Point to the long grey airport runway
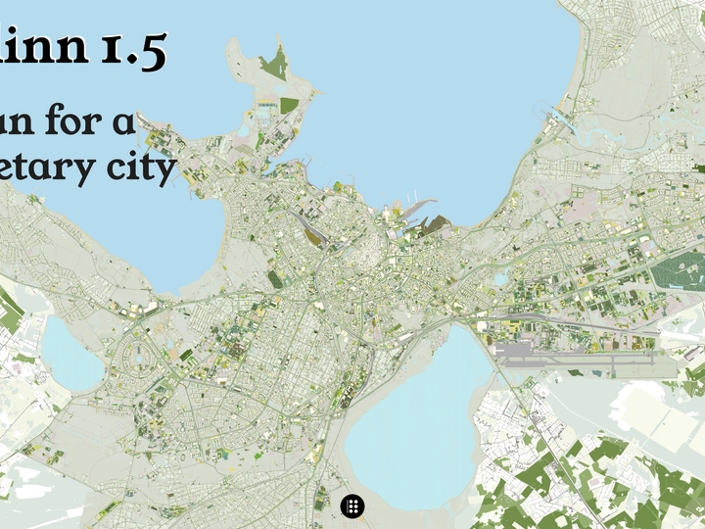point(587,360)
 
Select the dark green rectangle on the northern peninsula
point(289,104)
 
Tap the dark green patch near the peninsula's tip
point(275,65)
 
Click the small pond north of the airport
point(501,279)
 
